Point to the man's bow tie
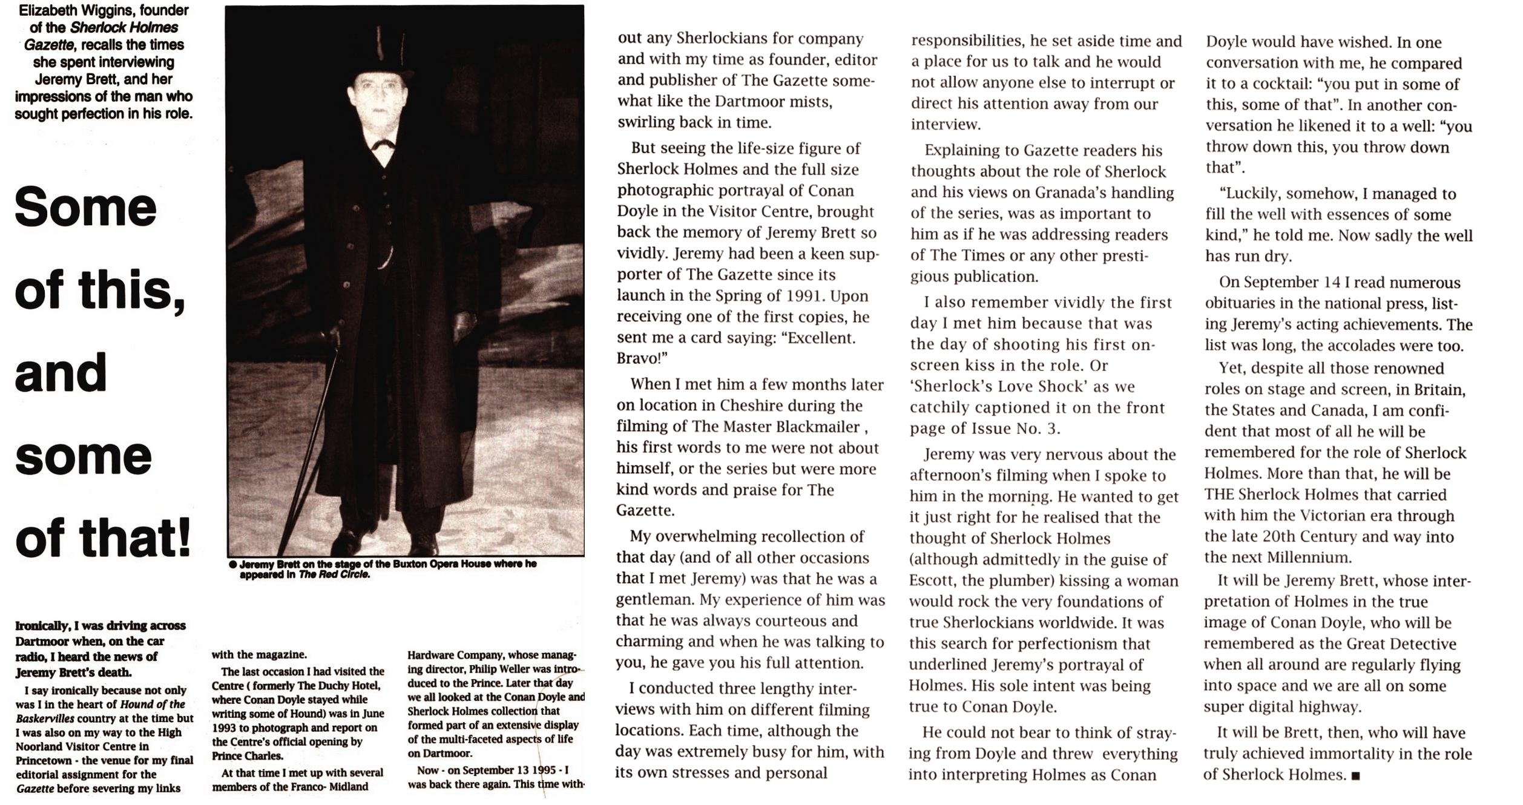coord(383,145)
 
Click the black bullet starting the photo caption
coord(232,565)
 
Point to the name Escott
coord(930,580)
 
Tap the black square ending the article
coord(1356,776)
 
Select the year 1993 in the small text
coord(224,728)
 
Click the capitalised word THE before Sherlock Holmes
coord(1219,494)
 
